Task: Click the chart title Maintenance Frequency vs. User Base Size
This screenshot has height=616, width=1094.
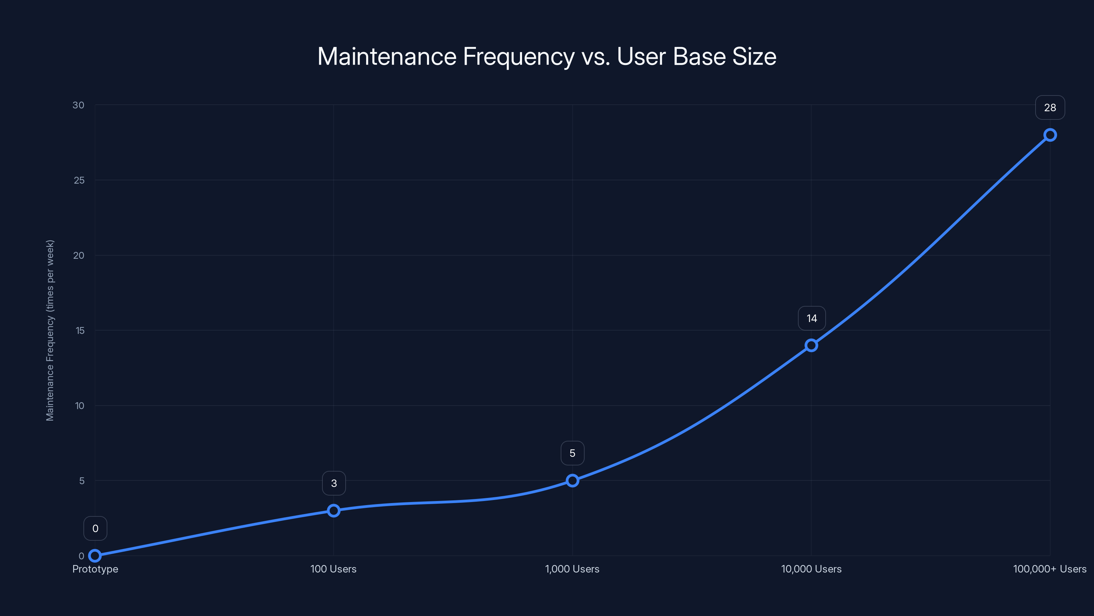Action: [x=547, y=56]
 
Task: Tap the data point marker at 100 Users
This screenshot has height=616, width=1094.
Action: [x=334, y=510]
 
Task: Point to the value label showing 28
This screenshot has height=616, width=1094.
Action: [x=1050, y=107]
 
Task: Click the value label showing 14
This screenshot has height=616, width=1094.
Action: [x=812, y=318]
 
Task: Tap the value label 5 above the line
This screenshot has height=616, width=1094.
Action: [x=573, y=453]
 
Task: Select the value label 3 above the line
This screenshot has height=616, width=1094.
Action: [x=334, y=483]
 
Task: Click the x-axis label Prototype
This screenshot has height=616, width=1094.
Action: [x=95, y=569]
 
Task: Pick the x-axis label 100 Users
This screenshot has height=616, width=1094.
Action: [x=333, y=569]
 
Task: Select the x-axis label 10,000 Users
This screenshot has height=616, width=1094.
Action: [x=811, y=569]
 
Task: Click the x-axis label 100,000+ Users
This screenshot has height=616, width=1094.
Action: [x=1050, y=569]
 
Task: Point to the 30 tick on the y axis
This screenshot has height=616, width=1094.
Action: [x=79, y=105]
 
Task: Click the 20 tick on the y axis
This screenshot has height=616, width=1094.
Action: [x=79, y=256]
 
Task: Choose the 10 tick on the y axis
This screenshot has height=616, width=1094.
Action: [x=79, y=406]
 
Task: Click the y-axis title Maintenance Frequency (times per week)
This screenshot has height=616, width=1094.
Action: [x=50, y=330]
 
